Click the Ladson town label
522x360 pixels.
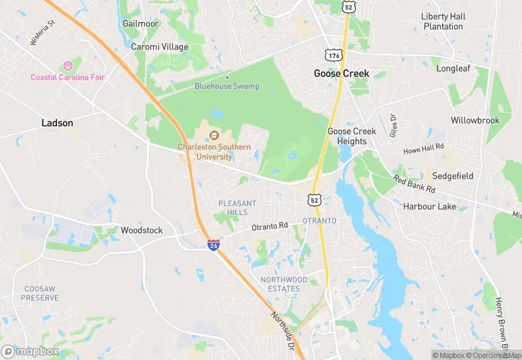click(57, 123)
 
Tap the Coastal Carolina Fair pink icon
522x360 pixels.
click(67, 66)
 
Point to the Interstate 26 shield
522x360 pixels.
click(214, 245)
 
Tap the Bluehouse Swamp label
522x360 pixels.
click(227, 87)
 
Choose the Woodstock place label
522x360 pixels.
click(141, 230)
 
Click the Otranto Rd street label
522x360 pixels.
click(269, 226)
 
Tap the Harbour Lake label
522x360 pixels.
click(429, 206)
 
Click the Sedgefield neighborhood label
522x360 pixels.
click(453, 176)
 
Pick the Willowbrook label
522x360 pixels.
click(475, 120)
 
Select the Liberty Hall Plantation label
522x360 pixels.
click(443, 21)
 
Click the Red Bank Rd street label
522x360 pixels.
click(414, 184)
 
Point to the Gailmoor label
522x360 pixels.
click(140, 23)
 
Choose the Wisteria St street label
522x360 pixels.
click(42, 33)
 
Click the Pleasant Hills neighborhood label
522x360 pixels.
click(237, 207)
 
